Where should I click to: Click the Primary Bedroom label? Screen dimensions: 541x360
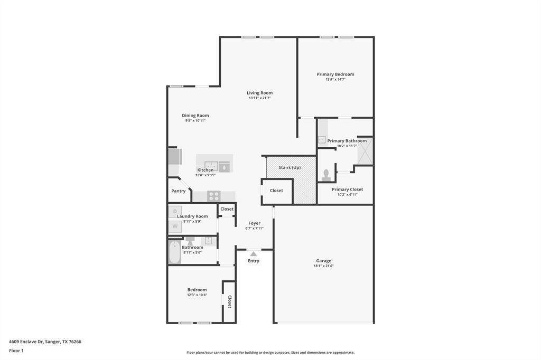tap(335, 74)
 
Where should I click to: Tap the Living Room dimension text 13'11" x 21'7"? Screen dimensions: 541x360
tap(259, 98)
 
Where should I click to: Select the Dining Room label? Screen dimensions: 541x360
tap(195, 116)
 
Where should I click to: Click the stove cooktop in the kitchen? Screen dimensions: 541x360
tap(214, 196)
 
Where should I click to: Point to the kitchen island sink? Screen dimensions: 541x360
tap(211, 166)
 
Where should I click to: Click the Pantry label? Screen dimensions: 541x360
tap(179, 191)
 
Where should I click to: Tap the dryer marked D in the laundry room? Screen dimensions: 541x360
tap(175, 211)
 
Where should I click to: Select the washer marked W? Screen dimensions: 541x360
tap(175, 226)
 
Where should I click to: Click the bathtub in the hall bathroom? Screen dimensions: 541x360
tap(174, 252)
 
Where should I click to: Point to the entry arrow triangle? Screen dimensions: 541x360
tap(254, 254)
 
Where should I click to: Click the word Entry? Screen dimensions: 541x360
tap(254, 261)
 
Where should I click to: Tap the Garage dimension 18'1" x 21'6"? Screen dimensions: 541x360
tap(324, 266)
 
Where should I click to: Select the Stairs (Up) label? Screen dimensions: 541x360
tap(290, 167)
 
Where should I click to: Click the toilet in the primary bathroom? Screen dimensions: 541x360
tap(326, 175)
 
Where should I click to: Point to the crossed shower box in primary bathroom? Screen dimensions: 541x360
tap(365, 150)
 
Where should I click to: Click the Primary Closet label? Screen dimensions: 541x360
tap(348, 190)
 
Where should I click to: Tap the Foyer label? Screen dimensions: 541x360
tap(255, 223)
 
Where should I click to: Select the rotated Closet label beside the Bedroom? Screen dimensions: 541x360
tap(229, 302)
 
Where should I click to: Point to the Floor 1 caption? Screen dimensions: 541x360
tap(16, 350)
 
